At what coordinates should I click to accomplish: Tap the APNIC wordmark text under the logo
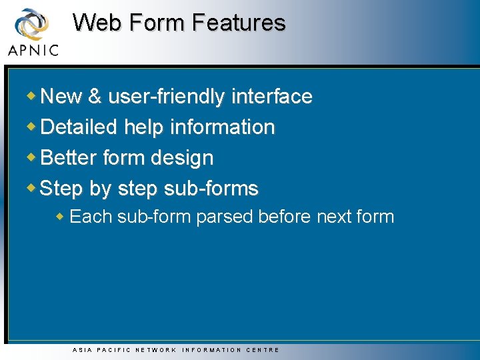33,50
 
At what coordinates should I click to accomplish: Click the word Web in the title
98,23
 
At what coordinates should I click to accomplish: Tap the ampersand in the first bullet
95,97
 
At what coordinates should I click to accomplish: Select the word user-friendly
167,97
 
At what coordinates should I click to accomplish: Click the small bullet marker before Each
60,216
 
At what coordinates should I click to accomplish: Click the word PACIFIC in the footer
113,350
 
